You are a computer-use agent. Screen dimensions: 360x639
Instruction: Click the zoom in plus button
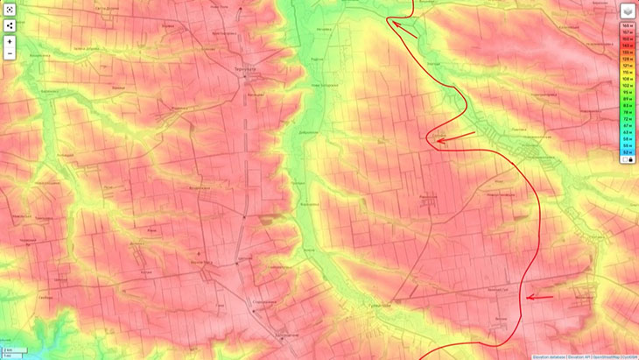pyautogui.click(x=10, y=41)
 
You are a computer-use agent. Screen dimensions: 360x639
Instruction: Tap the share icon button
pyautogui.click(x=10, y=25)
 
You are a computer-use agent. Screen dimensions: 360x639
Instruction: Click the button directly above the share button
pyautogui.click(x=10, y=9)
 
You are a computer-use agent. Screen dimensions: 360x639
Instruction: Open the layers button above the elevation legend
pyautogui.click(x=628, y=11)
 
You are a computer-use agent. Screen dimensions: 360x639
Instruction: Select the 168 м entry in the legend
pyautogui.click(x=628, y=25)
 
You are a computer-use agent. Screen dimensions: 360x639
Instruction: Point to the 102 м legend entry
pyautogui.click(x=628, y=86)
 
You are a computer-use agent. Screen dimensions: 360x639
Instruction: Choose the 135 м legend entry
pyautogui.click(x=628, y=52)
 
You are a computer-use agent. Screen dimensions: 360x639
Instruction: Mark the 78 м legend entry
pyautogui.click(x=628, y=112)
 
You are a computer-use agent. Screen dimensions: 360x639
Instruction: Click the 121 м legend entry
pyautogui.click(x=628, y=65)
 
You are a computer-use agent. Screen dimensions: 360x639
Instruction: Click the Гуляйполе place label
pyautogui.click(x=377, y=301)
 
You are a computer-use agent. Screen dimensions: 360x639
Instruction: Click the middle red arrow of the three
pyautogui.click(x=455, y=138)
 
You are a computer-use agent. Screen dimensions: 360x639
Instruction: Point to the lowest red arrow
pyautogui.click(x=540, y=298)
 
